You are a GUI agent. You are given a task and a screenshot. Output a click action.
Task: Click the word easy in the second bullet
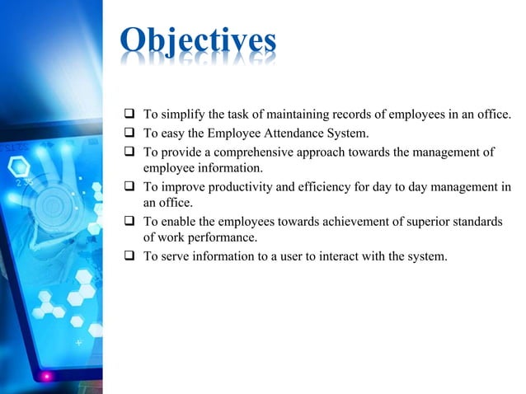171,133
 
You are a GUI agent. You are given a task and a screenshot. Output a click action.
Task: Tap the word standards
477,222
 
